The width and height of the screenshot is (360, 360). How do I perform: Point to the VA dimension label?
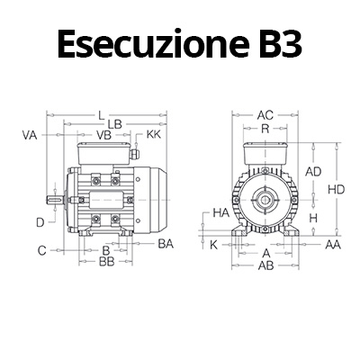[29, 135]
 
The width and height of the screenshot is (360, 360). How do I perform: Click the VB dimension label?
[103, 135]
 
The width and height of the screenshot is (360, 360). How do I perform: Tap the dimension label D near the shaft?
[40, 220]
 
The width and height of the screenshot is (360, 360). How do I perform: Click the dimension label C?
[41, 249]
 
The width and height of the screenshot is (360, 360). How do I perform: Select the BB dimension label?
[105, 261]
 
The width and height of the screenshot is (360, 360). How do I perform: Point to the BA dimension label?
[166, 243]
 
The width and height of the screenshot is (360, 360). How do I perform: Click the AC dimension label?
[265, 115]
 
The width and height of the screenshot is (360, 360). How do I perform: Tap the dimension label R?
[265, 128]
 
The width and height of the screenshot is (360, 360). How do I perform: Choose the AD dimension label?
[314, 171]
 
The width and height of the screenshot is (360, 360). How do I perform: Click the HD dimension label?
[337, 190]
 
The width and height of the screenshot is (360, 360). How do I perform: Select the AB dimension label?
[265, 266]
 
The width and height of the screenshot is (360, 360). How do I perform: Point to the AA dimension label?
[333, 244]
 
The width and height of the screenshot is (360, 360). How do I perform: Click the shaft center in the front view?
[265, 195]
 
